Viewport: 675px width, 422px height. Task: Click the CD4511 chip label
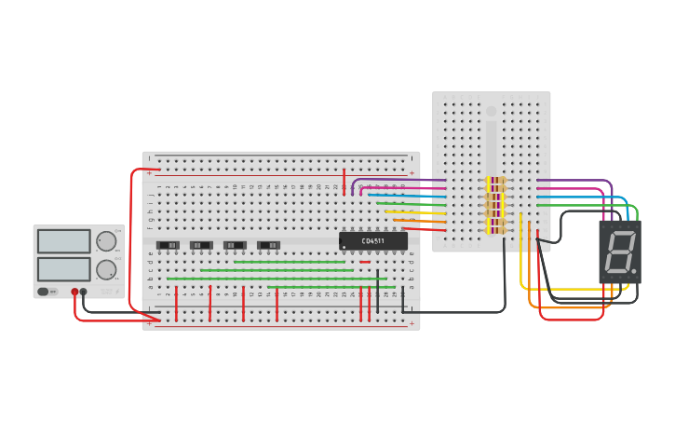pos(373,241)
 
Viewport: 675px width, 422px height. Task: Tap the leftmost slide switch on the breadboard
pos(168,245)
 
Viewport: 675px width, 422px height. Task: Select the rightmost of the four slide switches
pos(268,245)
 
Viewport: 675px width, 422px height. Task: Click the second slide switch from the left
pos(201,245)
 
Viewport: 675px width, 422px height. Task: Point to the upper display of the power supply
pos(64,241)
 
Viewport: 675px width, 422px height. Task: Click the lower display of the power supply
pos(64,269)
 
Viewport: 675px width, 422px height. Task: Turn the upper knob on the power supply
pos(107,241)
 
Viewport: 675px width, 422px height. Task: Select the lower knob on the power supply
pos(107,270)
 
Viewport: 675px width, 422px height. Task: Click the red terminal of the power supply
pos(74,292)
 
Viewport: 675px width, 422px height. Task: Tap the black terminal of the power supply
pos(84,292)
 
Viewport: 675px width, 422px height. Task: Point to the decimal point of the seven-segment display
pos(634,272)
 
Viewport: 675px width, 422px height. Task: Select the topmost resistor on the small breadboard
pos(495,181)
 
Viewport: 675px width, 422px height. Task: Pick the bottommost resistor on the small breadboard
pos(495,230)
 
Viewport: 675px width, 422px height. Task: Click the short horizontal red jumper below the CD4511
pos(365,262)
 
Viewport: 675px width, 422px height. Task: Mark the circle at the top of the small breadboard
pos(492,111)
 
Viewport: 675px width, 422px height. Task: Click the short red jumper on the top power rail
pos(344,181)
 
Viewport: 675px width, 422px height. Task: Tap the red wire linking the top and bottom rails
pos(131,242)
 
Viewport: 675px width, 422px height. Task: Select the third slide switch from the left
pos(235,245)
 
